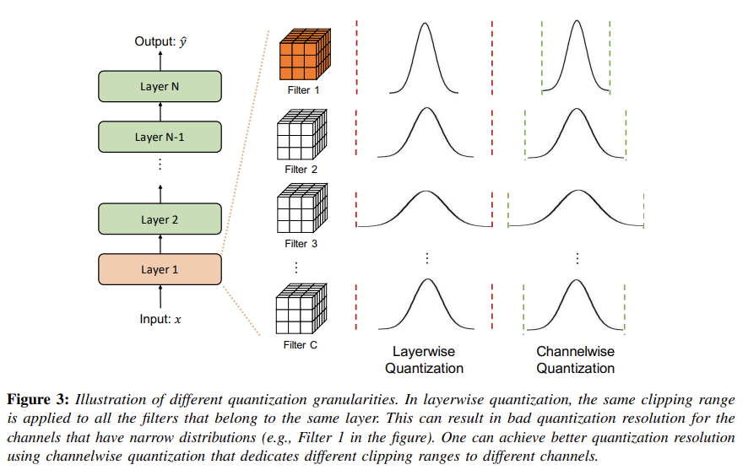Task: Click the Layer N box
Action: (x=160, y=86)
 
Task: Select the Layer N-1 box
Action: (x=160, y=137)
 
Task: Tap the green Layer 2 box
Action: (x=160, y=219)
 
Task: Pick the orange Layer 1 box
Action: (x=160, y=270)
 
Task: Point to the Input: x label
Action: (x=160, y=319)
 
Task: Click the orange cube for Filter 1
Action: (x=301, y=54)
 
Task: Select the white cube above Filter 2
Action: (x=301, y=135)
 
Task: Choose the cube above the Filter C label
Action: (x=301, y=311)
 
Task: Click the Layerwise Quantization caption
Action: (x=424, y=359)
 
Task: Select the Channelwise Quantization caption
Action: (x=575, y=359)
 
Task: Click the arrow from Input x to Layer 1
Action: (x=160, y=295)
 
